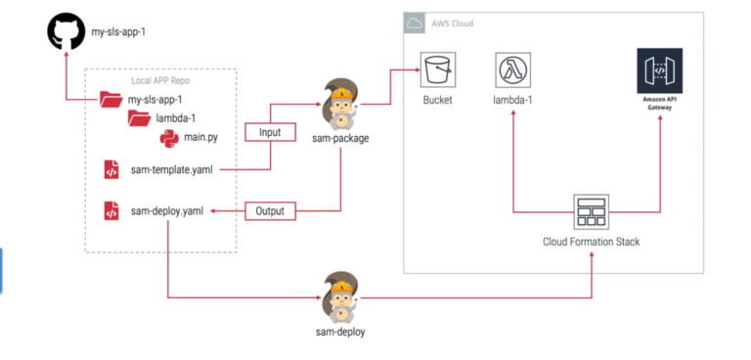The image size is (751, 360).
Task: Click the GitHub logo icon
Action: tap(66, 33)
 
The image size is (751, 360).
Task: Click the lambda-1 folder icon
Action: tap(139, 118)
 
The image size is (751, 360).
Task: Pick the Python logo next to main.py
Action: tap(168, 137)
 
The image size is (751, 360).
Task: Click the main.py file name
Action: tap(202, 138)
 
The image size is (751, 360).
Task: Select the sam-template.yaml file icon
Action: tap(111, 170)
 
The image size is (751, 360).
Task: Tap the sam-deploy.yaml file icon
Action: tap(111, 210)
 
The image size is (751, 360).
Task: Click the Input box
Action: tap(269, 131)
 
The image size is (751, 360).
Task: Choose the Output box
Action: tap(269, 210)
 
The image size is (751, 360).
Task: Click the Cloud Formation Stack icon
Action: tap(592, 210)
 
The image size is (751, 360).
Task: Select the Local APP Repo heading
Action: tap(162, 81)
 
